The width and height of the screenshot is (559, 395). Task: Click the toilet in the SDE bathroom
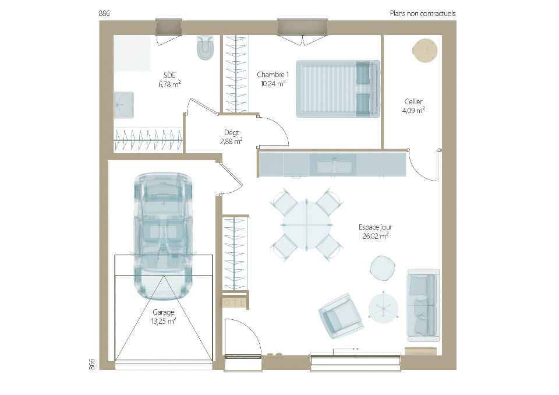pos(206,47)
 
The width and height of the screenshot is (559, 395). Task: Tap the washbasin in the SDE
pos(123,105)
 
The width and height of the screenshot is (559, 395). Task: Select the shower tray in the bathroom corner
pos(132,53)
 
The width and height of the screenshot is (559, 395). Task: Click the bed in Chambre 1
pos(338,89)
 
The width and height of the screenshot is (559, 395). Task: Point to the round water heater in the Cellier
pos(424,50)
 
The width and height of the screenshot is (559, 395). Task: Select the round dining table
pos(306,225)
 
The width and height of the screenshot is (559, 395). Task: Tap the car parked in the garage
pos(163,236)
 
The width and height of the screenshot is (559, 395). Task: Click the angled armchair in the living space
pos(341,316)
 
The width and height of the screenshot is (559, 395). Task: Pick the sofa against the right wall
pos(423,304)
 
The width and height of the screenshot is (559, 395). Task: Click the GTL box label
pos(234,304)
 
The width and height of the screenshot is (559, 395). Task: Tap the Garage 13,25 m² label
pos(163,316)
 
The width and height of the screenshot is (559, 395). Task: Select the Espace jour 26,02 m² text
pos(376,231)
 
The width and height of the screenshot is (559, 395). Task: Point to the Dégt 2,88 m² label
pos(231,137)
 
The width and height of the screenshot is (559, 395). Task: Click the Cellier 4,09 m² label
pos(413,106)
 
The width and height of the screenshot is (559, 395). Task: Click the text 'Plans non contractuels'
pos(423,13)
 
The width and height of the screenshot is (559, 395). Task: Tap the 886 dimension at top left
pos(104,13)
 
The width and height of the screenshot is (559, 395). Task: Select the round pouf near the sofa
pos(383,268)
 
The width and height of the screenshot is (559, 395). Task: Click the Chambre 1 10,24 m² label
pos(273,79)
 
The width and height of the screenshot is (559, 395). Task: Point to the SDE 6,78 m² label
pos(169,80)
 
